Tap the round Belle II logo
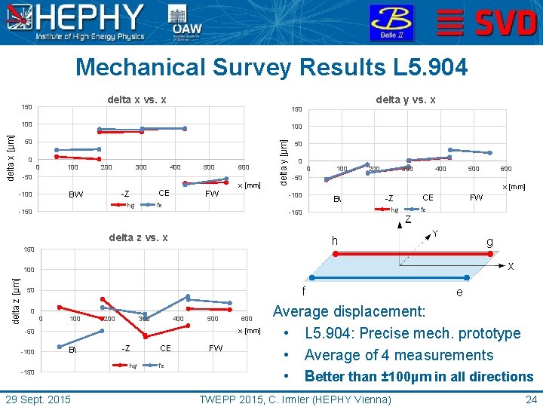click(x=391, y=23)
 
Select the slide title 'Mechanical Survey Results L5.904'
click(x=271, y=68)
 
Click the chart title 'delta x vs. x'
click(x=137, y=99)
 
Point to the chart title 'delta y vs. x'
click(x=406, y=99)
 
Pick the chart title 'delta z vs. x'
click(x=138, y=238)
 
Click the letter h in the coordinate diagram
click(x=336, y=240)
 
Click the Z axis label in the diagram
click(x=407, y=219)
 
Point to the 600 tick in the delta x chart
click(x=244, y=167)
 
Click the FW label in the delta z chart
click(x=216, y=348)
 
